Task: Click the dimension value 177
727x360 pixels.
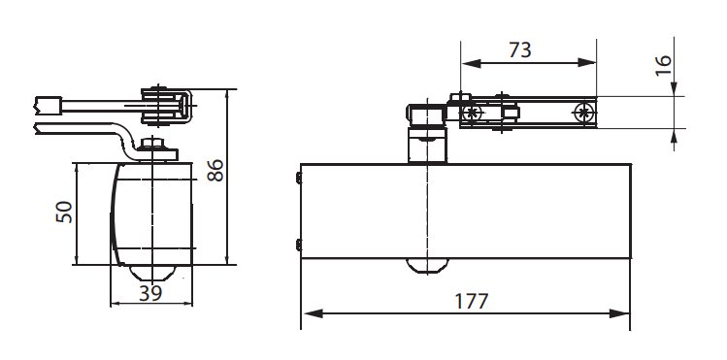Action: [471, 301]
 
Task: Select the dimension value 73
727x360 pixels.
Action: [519, 50]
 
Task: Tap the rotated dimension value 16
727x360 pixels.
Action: [664, 66]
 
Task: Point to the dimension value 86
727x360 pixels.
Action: [215, 170]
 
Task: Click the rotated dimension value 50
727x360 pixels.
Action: [64, 212]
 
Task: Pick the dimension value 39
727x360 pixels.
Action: [150, 293]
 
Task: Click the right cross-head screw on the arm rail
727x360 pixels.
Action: [583, 113]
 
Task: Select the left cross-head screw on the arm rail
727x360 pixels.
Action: [472, 113]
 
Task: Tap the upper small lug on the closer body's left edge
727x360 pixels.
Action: [299, 178]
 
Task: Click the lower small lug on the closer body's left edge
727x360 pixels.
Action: [299, 245]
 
